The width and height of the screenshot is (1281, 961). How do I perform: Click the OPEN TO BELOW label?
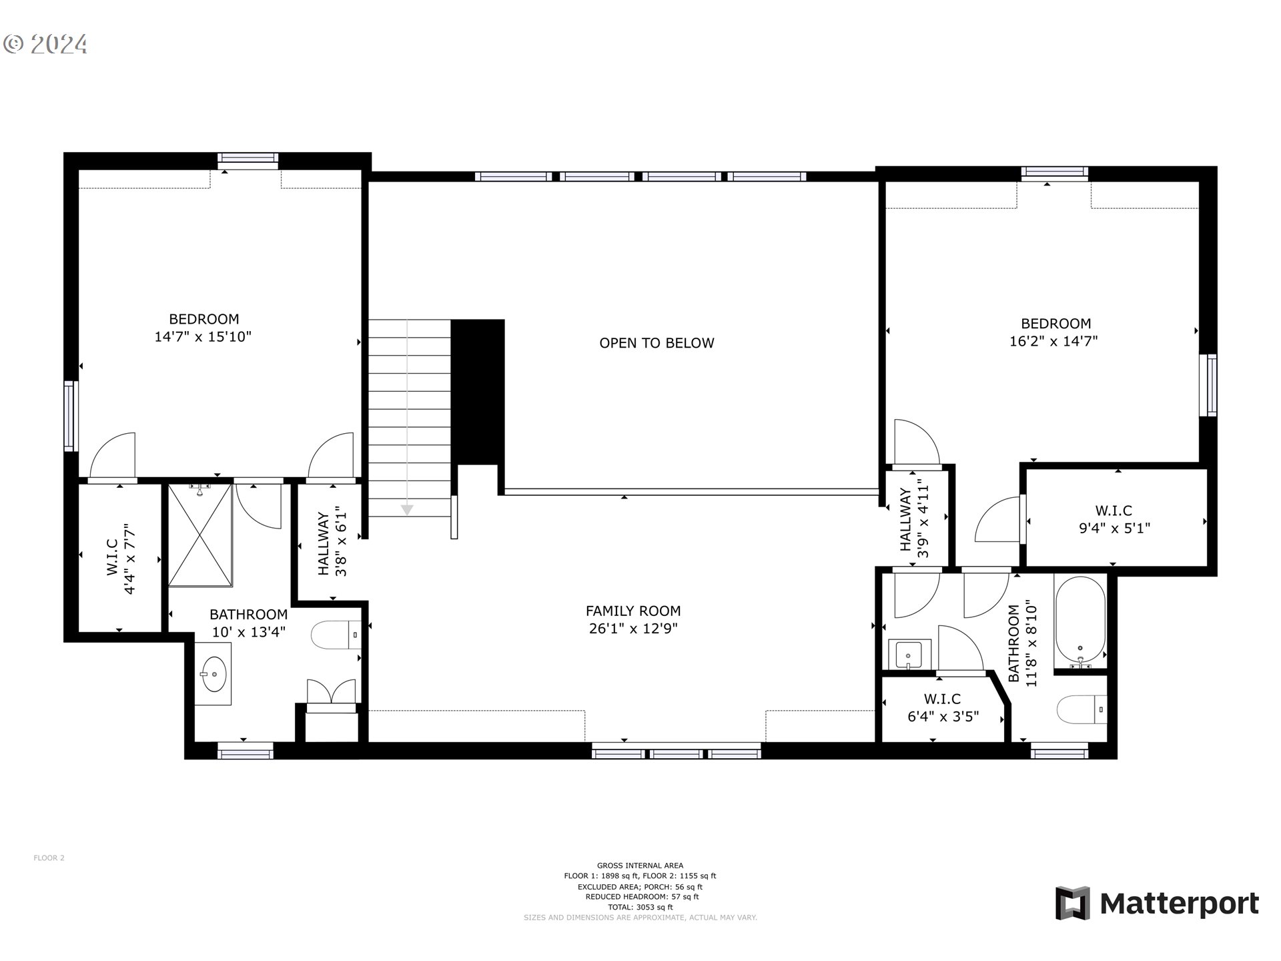click(x=657, y=343)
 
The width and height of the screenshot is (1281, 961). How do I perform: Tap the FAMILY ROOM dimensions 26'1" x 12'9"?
click(x=633, y=629)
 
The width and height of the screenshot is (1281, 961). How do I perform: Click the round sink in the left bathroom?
click(x=213, y=674)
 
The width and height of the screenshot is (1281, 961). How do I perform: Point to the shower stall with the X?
click(x=200, y=535)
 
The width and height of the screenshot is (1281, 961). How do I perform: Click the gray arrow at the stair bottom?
click(x=406, y=510)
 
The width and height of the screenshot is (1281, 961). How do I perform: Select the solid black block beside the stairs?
click(x=478, y=392)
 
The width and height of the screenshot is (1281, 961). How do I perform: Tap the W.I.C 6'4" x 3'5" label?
click(x=943, y=708)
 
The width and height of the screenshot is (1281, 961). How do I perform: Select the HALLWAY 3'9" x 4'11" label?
click(x=914, y=519)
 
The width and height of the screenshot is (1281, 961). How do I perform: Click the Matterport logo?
click(x=1157, y=904)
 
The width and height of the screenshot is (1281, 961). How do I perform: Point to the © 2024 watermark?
click(x=45, y=44)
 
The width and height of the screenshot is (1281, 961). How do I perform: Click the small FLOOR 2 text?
click(x=49, y=858)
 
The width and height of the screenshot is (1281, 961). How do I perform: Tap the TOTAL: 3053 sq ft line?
click(x=640, y=907)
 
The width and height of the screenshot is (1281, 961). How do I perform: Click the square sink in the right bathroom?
click(x=908, y=653)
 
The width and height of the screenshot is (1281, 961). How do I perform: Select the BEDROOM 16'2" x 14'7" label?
click(x=1055, y=332)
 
